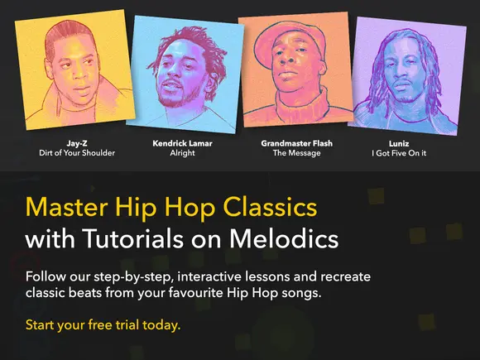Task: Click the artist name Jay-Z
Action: [77, 143]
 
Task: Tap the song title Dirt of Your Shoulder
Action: [77, 153]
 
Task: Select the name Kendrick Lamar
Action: [182, 143]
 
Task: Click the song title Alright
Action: [182, 153]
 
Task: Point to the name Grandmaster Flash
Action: [296, 143]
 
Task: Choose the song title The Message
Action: [296, 153]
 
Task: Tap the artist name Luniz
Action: [399, 143]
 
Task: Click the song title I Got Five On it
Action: [399, 153]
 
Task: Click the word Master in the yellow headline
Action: [66, 207]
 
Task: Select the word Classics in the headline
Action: [271, 207]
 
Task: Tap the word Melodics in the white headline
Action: [284, 238]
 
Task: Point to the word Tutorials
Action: [133, 238]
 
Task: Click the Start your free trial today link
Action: [103, 325]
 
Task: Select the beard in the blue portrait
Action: [180, 98]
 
